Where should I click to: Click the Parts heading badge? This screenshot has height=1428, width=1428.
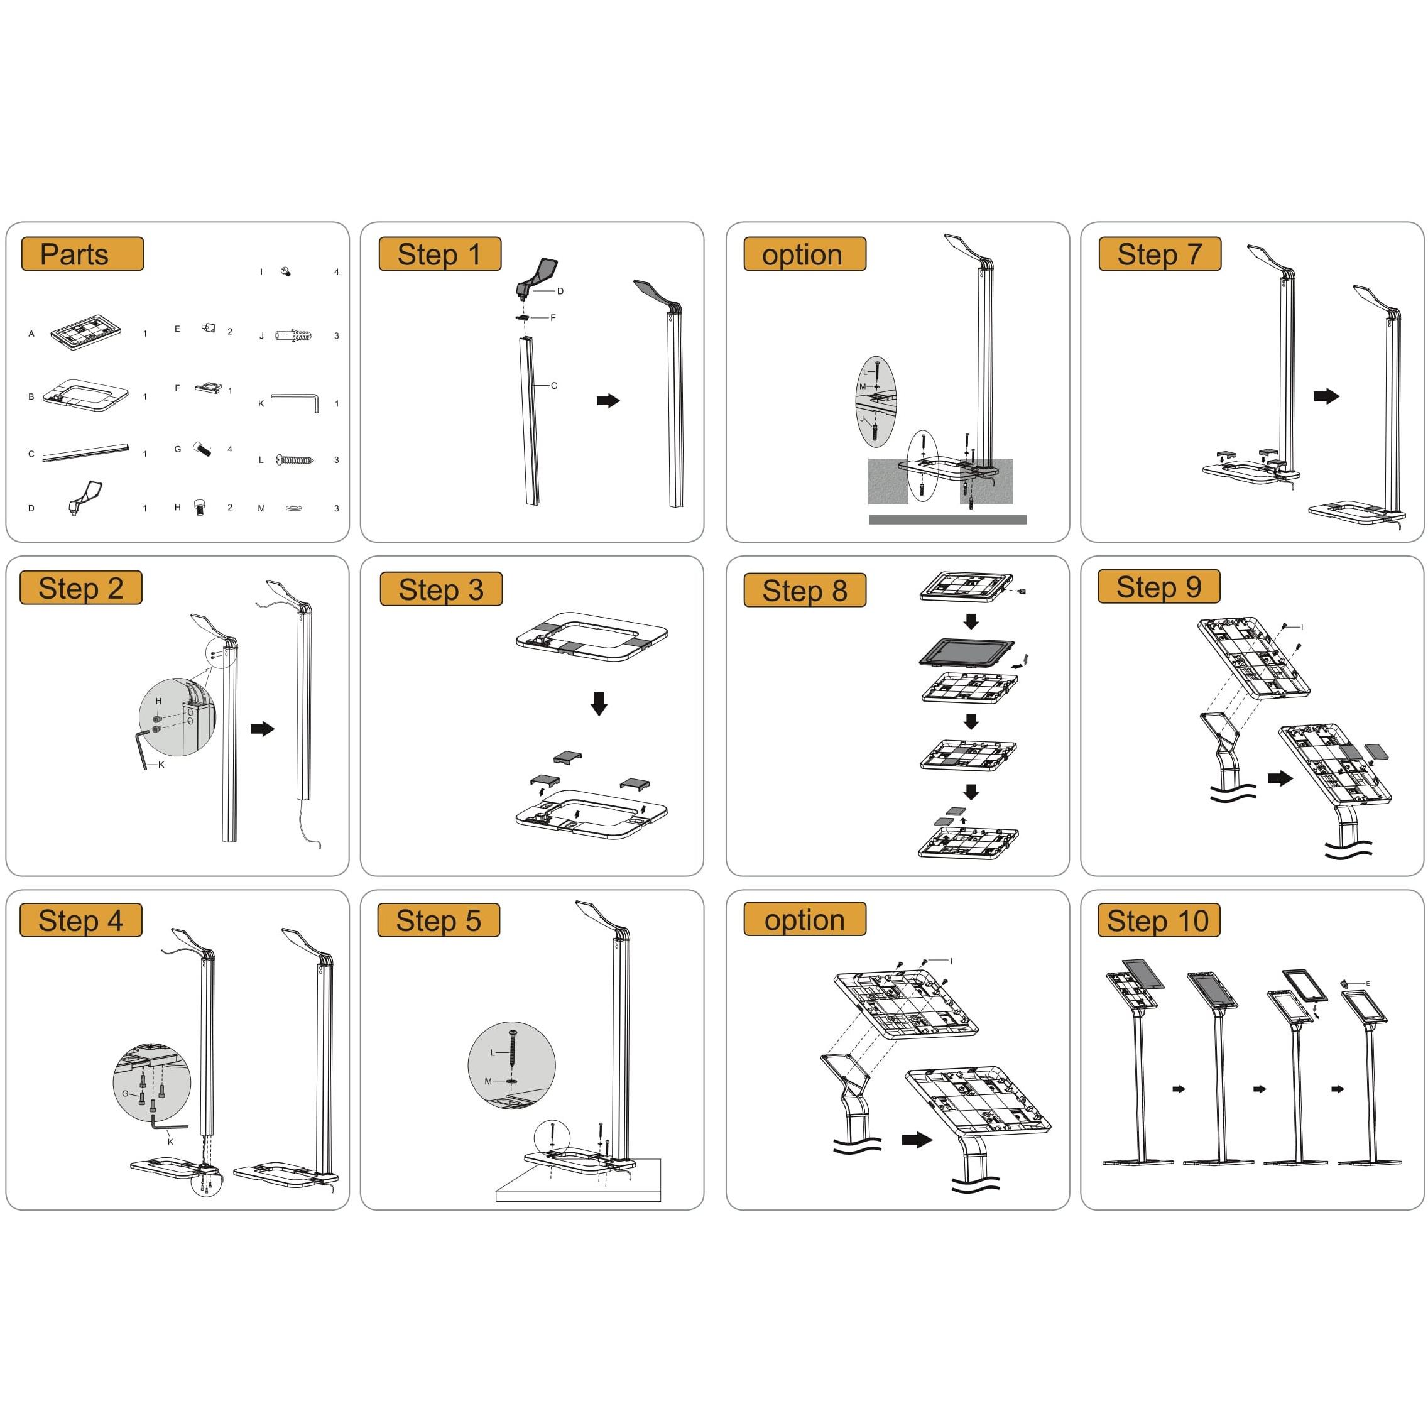[x=82, y=254]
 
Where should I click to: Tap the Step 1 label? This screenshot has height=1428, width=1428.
[x=440, y=254]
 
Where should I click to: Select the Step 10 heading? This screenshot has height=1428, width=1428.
[x=1158, y=921]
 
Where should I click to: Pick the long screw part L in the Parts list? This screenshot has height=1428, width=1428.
[x=295, y=460]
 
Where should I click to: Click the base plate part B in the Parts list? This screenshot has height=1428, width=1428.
[x=85, y=395]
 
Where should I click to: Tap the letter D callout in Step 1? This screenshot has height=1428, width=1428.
[x=560, y=292]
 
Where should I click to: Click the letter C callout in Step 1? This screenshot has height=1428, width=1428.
[x=554, y=386]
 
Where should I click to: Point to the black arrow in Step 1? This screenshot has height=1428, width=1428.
[x=608, y=401]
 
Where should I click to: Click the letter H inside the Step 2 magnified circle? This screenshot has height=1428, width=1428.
[x=158, y=701]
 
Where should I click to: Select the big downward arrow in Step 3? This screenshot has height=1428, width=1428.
[x=599, y=703]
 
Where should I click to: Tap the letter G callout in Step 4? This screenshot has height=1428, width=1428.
[x=125, y=1093]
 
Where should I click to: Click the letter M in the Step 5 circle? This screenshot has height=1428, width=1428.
[x=488, y=1081]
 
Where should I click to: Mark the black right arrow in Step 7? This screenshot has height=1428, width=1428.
[x=1326, y=396]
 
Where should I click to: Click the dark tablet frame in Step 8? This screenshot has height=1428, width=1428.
[x=967, y=653]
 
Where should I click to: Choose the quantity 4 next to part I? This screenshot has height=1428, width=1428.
[x=336, y=272]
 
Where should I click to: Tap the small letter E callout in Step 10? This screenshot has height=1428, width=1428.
[x=1368, y=984]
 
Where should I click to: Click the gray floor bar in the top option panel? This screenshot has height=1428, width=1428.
[x=947, y=520]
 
